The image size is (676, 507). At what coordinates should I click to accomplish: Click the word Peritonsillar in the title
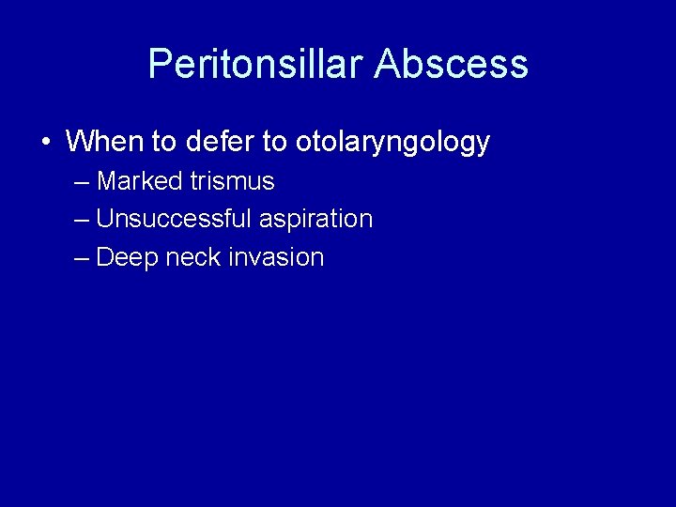click(x=255, y=65)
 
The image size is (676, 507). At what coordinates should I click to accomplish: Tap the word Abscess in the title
click(x=451, y=65)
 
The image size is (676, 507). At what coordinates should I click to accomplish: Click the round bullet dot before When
click(x=45, y=143)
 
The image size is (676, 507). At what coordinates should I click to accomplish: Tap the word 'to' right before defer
click(x=163, y=142)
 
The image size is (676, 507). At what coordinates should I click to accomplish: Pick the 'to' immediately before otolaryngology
click(x=274, y=142)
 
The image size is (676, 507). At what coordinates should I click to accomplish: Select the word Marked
click(x=140, y=180)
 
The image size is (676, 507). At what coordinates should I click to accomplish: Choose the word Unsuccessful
click(x=174, y=219)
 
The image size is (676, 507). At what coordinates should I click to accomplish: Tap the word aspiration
click(x=316, y=220)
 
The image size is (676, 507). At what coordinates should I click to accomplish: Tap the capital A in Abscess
click(x=387, y=65)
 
